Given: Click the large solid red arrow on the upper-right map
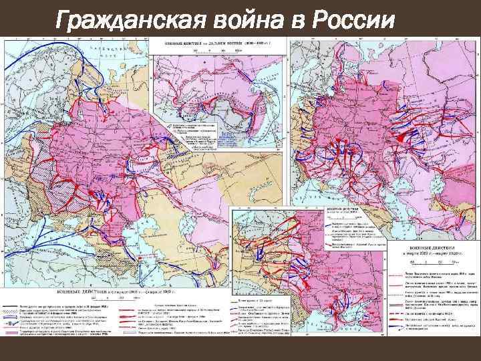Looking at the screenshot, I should (x=401, y=136).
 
